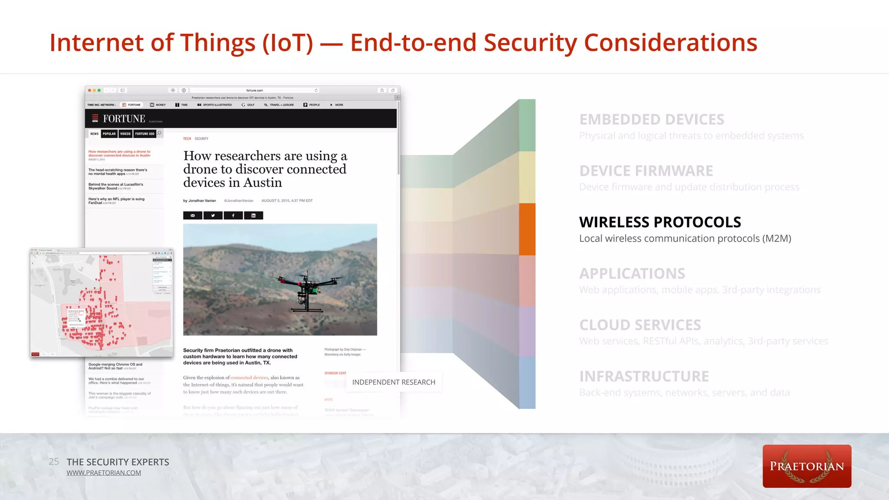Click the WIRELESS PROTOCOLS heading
tap(660, 222)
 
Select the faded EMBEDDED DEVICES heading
tap(652, 119)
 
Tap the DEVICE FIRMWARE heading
tap(646, 171)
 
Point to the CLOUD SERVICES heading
tap(640, 325)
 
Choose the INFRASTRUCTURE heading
tap(644, 376)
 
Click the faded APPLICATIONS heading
tap(632, 274)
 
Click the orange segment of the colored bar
tap(527, 229)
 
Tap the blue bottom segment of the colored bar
tap(527, 382)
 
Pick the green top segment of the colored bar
tap(527, 125)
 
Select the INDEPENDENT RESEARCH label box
tap(394, 382)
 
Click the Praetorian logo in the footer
tap(807, 466)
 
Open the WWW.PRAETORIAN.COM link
tap(104, 473)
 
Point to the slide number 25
tap(54, 461)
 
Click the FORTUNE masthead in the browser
tap(124, 118)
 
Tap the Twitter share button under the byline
tap(213, 215)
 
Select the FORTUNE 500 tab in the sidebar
tap(145, 134)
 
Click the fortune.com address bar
tap(254, 90)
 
